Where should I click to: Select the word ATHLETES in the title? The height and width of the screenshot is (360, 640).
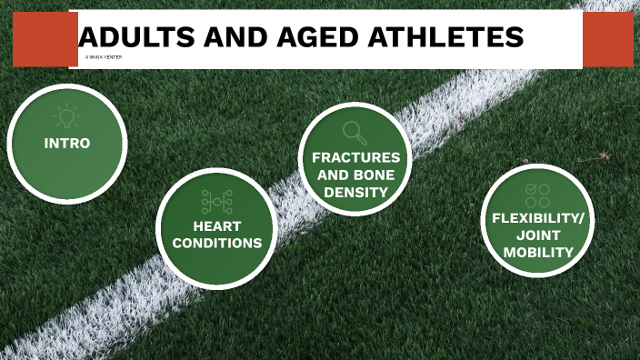pos(449,37)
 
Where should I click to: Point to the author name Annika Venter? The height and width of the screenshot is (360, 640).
pos(102,57)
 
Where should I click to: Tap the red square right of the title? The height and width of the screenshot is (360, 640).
pos(607,39)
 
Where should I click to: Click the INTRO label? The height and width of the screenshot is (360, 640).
pos(67,144)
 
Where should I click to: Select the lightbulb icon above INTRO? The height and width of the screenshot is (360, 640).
pos(66,115)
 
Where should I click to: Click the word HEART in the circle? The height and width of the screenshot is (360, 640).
pos(216,225)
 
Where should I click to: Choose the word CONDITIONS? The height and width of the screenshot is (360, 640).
pos(216,243)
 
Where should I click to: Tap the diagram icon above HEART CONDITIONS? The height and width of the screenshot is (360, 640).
pos(216,200)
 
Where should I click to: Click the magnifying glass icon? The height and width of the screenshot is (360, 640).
pos(355,133)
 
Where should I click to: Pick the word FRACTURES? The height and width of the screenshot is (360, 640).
pos(356,157)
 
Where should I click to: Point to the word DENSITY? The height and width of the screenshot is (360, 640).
pos(356,192)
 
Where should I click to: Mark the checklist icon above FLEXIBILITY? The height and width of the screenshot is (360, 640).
pos(537,194)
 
